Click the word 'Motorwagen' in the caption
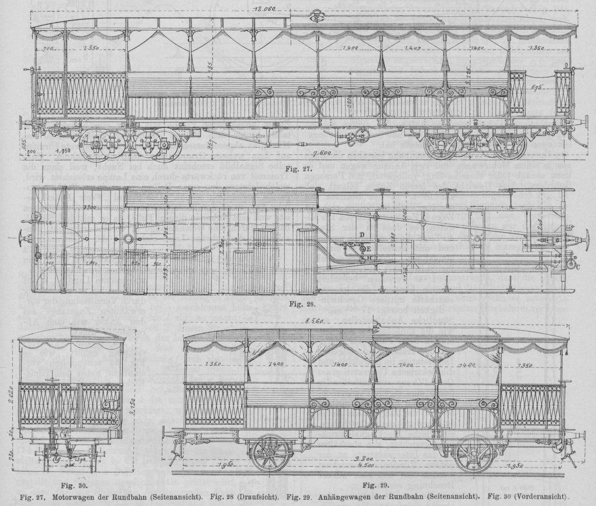(70, 496)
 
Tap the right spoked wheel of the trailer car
(474, 452)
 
